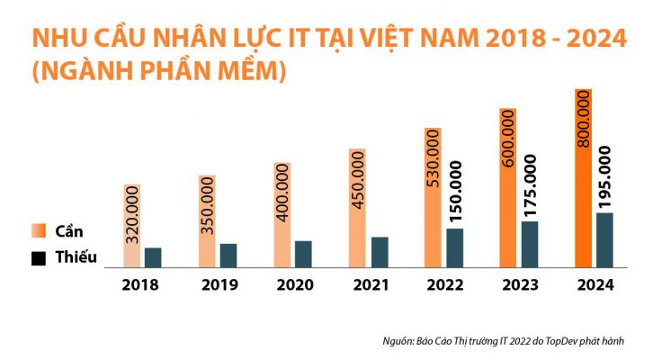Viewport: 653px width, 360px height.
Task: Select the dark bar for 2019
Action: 228,256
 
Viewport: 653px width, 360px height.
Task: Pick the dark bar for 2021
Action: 380,253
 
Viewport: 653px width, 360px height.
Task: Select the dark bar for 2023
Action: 530,245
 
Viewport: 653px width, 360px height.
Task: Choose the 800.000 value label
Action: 583,121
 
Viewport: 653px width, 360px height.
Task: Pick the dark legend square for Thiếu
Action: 39,258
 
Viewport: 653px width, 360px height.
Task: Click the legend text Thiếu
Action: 76,258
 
